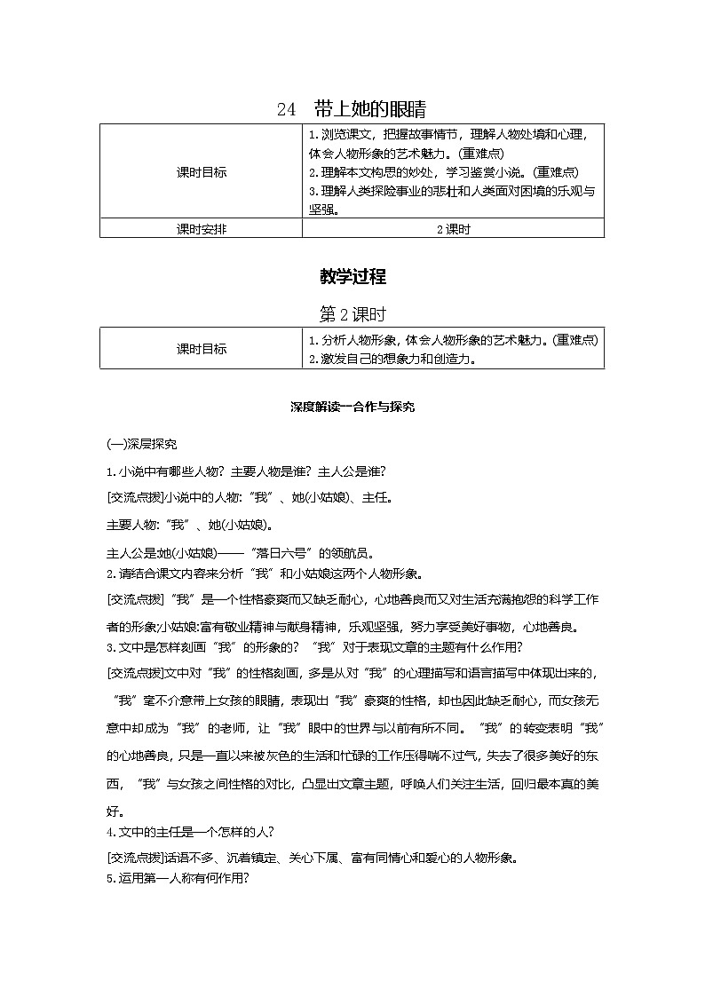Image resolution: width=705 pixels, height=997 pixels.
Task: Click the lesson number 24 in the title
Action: point(285,110)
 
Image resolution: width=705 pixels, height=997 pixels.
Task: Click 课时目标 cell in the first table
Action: point(202,172)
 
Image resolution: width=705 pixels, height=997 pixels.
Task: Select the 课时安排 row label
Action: point(202,229)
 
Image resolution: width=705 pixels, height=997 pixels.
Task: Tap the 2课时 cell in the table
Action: point(453,229)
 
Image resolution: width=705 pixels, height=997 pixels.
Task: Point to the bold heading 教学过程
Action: point(352,277)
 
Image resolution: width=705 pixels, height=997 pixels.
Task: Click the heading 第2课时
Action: point(352,315)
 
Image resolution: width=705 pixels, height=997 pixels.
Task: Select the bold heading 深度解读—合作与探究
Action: point(352,407)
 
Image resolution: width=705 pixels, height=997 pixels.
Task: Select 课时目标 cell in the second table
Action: point(202,349)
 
